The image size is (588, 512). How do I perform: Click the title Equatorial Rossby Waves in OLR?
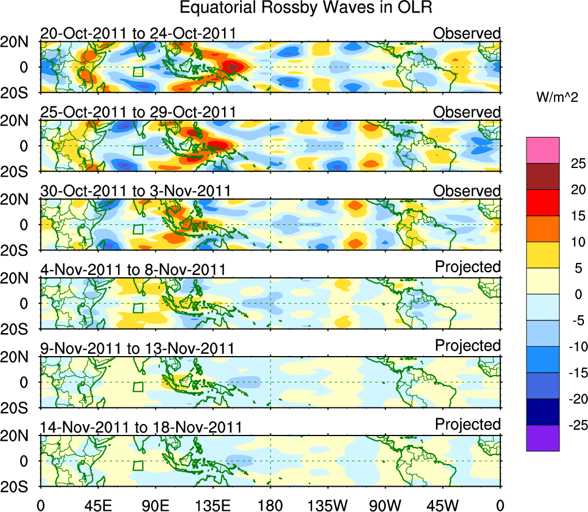306,9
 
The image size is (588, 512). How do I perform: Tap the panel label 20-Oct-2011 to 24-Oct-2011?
138,33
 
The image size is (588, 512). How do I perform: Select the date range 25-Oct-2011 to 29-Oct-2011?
138,112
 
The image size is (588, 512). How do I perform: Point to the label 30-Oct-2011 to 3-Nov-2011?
135,190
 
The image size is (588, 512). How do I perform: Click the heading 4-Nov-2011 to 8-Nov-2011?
132,269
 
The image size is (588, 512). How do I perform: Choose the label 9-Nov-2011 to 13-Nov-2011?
136,348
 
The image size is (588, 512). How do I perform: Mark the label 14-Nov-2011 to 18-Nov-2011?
141,427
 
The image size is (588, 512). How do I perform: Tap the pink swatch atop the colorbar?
542,150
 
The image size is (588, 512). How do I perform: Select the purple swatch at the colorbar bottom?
542,438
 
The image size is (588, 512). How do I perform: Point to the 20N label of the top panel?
18,42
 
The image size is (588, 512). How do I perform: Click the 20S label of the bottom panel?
18,487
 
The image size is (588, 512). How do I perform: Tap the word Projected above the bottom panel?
468,425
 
